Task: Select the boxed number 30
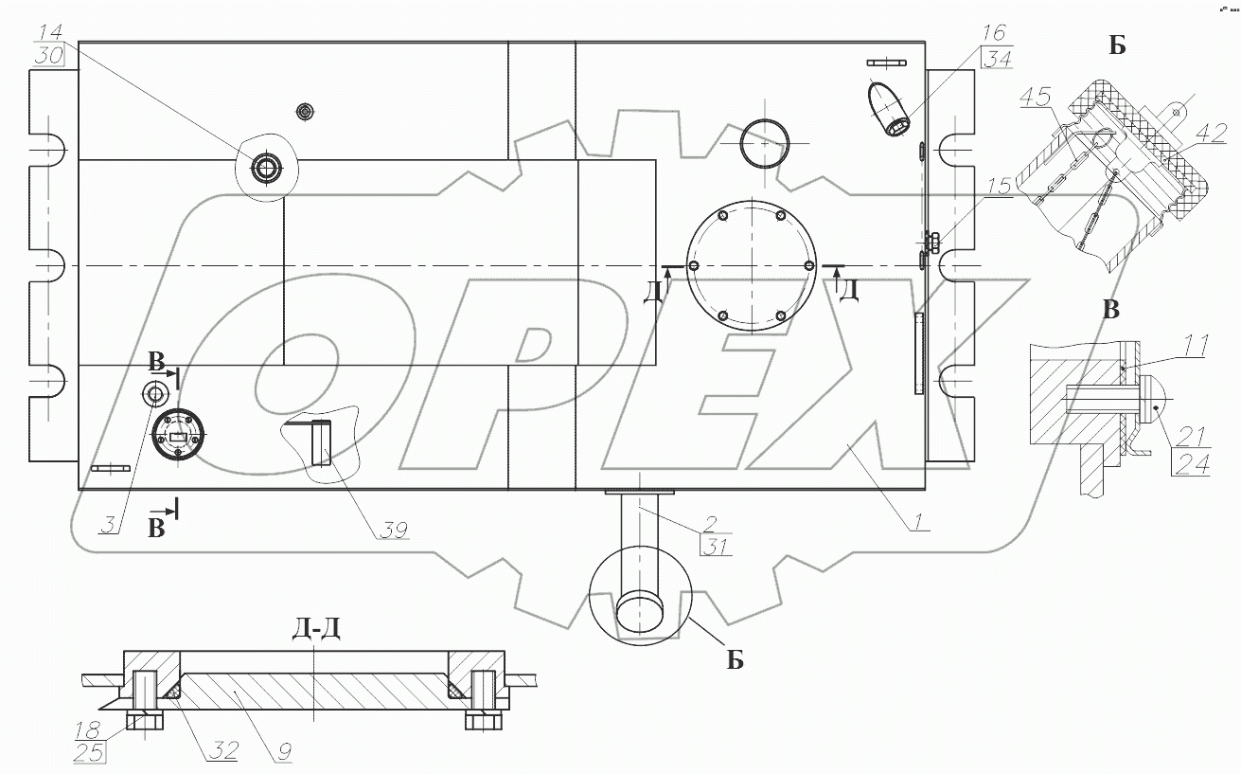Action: tap(46, 55)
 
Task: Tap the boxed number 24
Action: tap(1192, 465)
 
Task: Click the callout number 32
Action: tap(222, 751)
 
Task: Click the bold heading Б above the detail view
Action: tap(1117, 45)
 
